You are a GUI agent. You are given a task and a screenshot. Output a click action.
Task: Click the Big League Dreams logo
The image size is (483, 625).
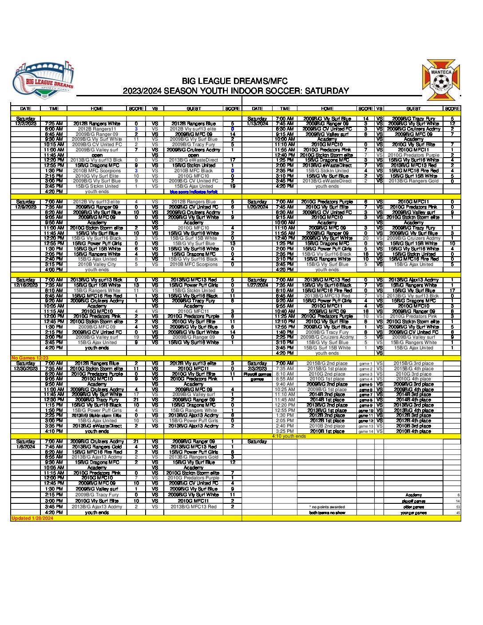(x=43, y=80)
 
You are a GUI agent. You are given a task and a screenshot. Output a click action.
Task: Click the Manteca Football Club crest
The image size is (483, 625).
(x=441, y=80)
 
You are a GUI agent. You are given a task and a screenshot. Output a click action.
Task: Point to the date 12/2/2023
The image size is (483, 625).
(x=26, y=124)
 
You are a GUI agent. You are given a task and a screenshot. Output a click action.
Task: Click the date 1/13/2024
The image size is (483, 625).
(x=257, y=124)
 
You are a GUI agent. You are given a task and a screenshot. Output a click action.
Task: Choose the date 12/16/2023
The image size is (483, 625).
(x=26, y=285)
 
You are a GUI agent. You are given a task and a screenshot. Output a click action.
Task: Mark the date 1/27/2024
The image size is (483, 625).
(x=257, y=285)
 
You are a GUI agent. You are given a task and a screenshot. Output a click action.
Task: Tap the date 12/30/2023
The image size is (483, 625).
(x=26, y=368)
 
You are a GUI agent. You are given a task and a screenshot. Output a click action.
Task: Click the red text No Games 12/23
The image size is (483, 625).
(x=30, y=358)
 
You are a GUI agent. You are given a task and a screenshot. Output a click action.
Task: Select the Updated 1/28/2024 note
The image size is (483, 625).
(x=32, y=518)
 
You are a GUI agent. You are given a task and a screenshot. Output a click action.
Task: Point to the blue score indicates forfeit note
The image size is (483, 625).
(x=194, y=192)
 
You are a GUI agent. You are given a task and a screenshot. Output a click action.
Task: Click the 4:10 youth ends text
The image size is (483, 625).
(x=289, y=436)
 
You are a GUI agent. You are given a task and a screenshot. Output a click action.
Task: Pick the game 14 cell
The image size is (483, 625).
(x=366, y=431)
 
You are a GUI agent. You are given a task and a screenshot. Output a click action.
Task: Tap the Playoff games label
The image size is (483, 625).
(x=257, y=374)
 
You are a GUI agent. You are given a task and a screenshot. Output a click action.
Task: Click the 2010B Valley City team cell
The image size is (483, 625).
(x=97, y=264)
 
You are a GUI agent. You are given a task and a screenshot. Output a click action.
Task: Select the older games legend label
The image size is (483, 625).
(x=413, y=507)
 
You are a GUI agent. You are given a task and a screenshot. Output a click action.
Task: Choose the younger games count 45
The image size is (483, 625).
(x=458, y=513)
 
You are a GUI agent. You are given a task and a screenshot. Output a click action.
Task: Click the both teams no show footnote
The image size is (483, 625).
(x=327, y=513)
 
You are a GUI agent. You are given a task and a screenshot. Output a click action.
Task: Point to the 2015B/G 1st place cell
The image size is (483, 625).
(x=327, y=369)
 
